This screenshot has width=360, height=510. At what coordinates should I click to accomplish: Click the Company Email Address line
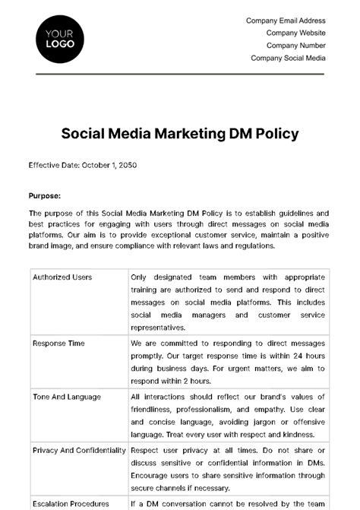286,21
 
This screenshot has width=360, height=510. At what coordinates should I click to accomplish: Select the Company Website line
295,33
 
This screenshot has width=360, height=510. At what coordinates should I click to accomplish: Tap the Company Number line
295,46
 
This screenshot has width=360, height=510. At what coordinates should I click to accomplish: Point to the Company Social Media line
288,58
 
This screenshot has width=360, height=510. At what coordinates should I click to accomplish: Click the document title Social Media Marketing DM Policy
179,134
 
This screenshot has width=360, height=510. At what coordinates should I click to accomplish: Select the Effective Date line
82,165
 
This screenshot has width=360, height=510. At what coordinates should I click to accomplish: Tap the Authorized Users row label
62,277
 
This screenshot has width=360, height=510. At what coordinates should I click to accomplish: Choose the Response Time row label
58,344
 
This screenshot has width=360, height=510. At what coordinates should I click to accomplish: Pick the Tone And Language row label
66,397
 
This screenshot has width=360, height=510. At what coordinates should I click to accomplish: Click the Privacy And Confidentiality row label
79,450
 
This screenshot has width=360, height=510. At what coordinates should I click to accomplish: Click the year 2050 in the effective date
126,165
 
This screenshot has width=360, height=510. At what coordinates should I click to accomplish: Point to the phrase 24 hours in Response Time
311,356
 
